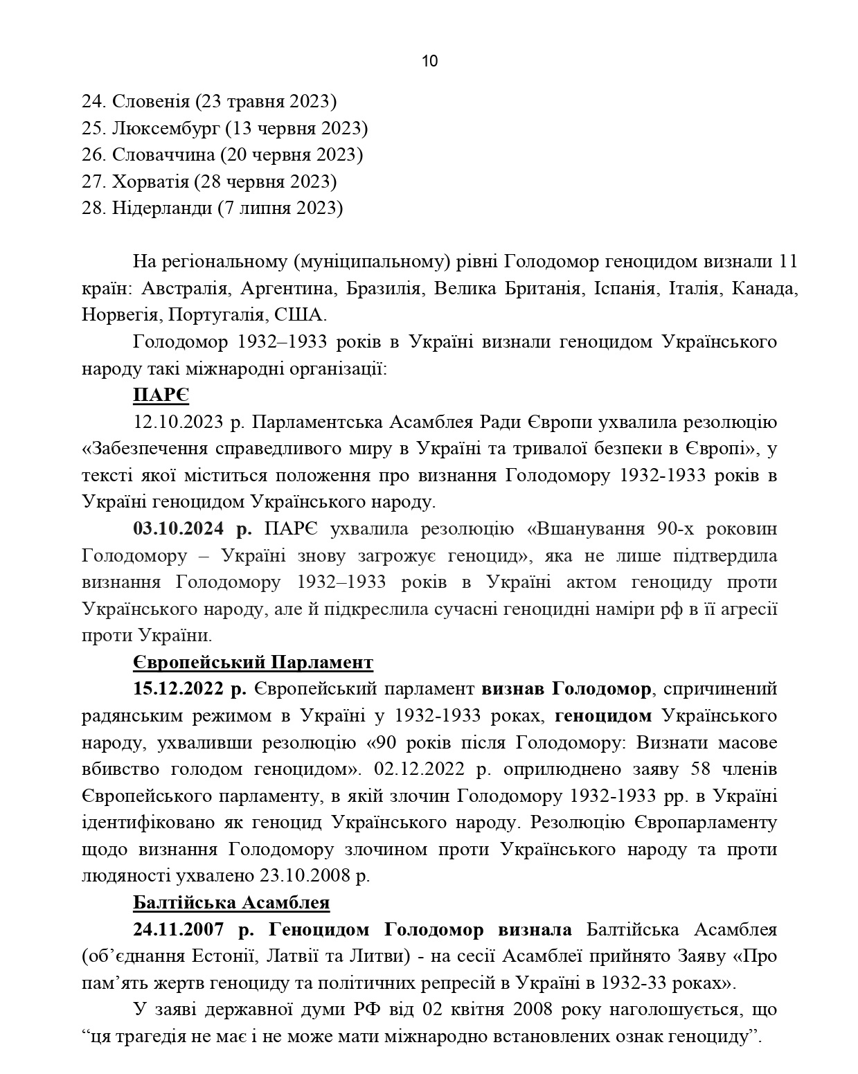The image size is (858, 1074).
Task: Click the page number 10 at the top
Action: click(429, 61)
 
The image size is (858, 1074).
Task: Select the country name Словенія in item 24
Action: click(150, 102)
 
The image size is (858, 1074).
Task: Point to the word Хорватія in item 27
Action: click(150, 181)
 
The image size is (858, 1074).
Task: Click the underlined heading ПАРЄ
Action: click(161, 395)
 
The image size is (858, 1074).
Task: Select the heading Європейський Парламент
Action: click(253, 663)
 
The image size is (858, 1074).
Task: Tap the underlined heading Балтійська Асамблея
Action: click(231, 903)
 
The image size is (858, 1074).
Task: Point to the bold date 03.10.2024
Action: click(178, 529)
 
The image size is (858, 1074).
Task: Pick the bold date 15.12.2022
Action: click(178, 689)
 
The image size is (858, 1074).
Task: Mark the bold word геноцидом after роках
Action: click(603, 716)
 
